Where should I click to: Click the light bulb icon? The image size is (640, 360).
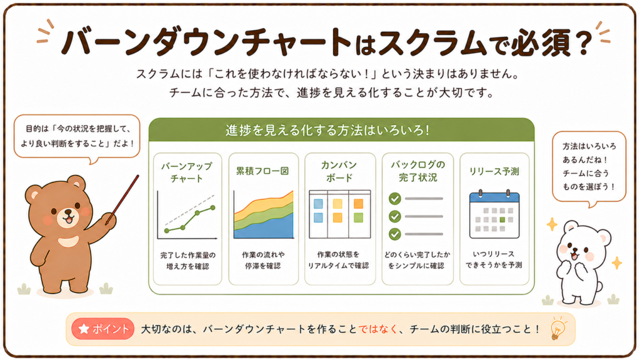pos(558,329)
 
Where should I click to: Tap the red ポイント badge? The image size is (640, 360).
pos(103,329)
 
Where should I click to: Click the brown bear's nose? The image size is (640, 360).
pos(67,213)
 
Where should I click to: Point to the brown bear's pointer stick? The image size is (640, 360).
pos(122,199)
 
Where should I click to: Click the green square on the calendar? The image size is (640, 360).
pos(502,219)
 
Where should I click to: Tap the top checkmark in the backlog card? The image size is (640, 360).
pos(395,199)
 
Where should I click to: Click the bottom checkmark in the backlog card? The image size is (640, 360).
pos(395,234)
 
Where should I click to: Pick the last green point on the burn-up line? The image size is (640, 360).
pos(212,207)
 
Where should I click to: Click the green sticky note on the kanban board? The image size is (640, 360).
pos(358,217)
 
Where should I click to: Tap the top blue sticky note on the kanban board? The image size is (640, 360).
pos(318,204)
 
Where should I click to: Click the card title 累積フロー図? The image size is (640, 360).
pos(262,171)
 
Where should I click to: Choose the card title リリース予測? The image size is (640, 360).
pos(494,171)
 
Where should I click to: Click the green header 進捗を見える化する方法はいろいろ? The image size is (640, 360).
pos(327,130)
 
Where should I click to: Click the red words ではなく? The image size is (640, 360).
pos(378,329)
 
